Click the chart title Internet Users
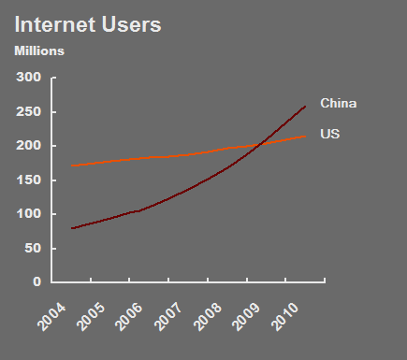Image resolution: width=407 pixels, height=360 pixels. [x=88, y=24]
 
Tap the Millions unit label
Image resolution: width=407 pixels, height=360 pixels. [x=38, y=50]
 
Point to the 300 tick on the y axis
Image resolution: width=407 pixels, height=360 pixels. [x=30, y=78]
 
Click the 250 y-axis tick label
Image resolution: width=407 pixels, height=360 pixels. [x=30, y=112]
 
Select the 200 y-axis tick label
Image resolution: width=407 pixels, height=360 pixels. [x=30, y=146]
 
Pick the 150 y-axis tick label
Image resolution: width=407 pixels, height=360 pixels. [x=30, y=180]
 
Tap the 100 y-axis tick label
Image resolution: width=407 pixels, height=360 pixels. [x=30, y=214]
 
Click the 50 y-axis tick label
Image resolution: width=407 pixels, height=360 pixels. [x=34, y=248]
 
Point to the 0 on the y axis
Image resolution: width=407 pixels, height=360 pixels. [x=37, y=281]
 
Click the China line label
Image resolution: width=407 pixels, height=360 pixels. [x=339, y=103]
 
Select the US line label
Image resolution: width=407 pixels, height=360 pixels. [x=329, y=135]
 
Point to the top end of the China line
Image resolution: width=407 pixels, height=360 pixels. [x=305, y=106]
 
